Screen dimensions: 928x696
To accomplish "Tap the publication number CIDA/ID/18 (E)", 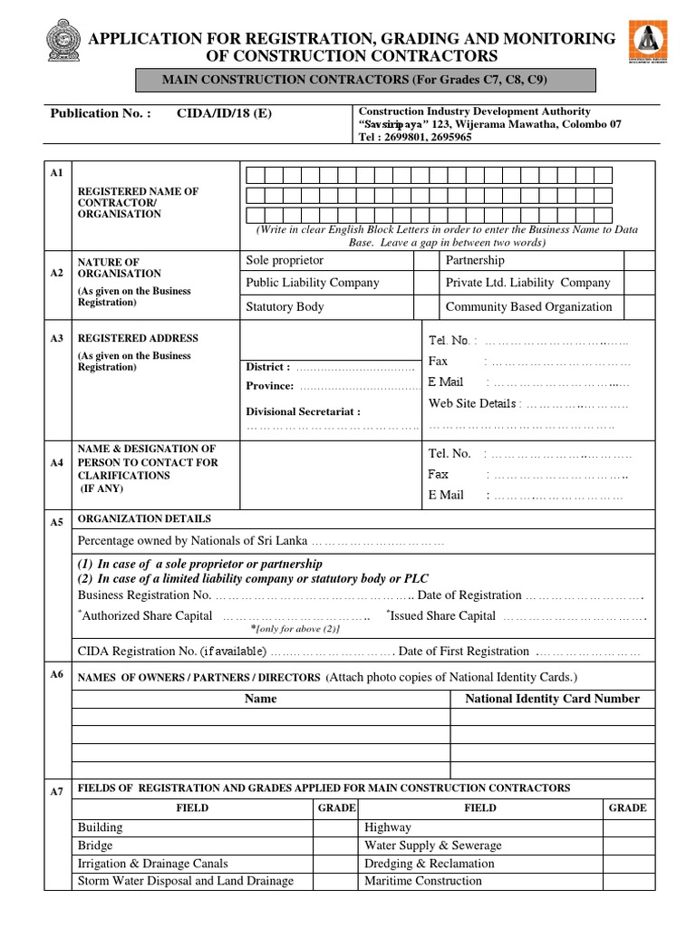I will click(223, 114).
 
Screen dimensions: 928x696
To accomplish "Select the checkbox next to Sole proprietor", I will click(426, 261).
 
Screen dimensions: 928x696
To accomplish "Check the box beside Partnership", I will click(639, 261).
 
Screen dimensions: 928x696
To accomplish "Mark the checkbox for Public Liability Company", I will click(426, 284).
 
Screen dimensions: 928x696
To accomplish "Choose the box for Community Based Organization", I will click(639, 307).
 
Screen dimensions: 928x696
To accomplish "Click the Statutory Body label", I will click(285, 307).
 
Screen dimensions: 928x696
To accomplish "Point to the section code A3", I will click(57, 338).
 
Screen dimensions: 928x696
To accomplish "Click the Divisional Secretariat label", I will click(303, 411).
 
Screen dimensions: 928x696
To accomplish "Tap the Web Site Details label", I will click(472, 403).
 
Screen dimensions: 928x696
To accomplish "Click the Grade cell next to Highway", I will click(627, 827).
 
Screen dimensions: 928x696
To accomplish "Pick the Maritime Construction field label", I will click(422, 881).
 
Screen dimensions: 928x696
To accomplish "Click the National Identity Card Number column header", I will click(552, 699).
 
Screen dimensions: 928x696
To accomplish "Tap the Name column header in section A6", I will click(261, 699).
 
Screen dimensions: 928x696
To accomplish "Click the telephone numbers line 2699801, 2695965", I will click(415, 138).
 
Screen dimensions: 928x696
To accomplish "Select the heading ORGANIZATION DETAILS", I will click(144, 519).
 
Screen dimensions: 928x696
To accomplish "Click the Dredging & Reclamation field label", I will click(429, 864).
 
